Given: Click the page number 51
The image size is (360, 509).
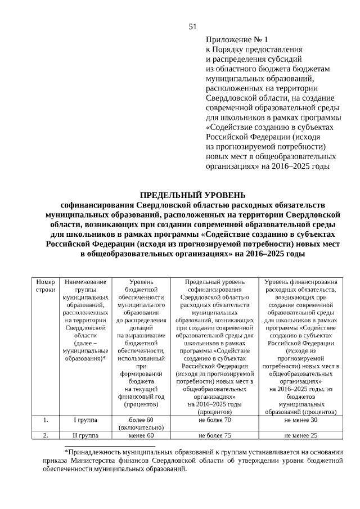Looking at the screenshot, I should click(x=192, y=26).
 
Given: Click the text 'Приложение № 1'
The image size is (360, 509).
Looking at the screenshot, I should click(x=237, y=40).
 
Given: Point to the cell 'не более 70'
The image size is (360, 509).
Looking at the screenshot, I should click(x=214, y=420).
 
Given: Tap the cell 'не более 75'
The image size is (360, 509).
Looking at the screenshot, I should click(x=214, y=435).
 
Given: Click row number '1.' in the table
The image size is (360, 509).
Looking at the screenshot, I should click(x=46, y=420).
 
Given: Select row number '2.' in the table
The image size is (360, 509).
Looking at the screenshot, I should click(x=46, y=435).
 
